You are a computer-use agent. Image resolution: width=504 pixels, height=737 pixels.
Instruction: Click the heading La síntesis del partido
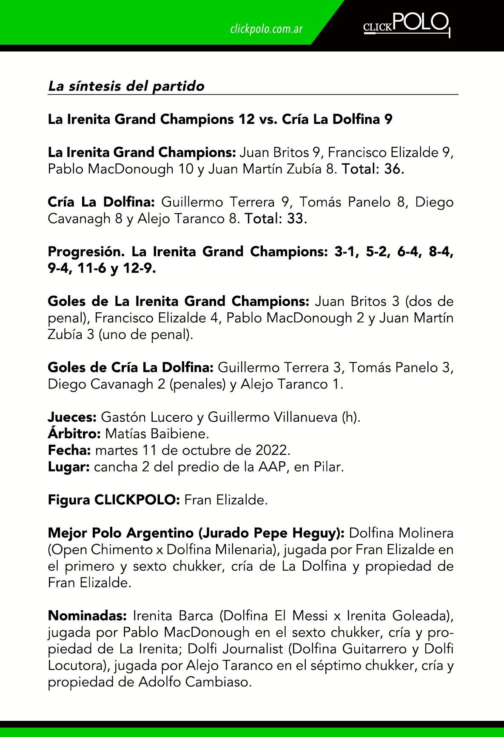pos(126,86)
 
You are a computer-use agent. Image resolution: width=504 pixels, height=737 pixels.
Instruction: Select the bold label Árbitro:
pos(74,434)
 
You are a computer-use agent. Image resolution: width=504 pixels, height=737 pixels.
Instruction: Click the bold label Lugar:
pos(68,467)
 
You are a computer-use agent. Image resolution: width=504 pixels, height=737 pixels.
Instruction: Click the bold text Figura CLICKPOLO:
pos(114,500)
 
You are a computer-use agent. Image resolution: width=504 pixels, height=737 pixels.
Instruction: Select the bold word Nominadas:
pos(87,616)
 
